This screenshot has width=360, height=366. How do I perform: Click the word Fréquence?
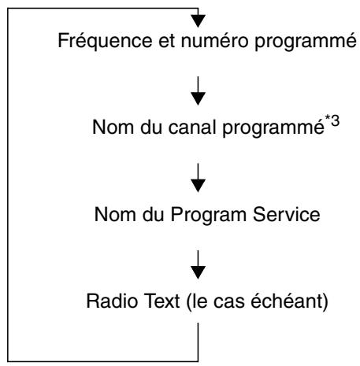[105, 41]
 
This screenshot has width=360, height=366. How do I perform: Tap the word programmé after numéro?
[306, 42]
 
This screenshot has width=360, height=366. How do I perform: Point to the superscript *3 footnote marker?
[332, 121]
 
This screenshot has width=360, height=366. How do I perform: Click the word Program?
[209, 216]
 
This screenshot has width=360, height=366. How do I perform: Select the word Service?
[287, 214]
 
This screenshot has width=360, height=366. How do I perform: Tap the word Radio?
[113, 301]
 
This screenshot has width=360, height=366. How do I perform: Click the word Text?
[162, 301]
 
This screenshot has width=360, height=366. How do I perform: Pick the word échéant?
[288, 301]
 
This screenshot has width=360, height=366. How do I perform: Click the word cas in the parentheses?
[229, 302]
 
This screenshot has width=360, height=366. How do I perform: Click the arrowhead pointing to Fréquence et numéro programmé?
[198, 21]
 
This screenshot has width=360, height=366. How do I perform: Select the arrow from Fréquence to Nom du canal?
[198, 91]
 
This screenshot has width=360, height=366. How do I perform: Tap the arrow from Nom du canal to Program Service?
[198, 178]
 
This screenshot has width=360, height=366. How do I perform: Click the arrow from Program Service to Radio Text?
[198, 264]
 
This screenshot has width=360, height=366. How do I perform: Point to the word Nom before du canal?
[113, 128]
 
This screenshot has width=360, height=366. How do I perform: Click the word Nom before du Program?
[115, 214]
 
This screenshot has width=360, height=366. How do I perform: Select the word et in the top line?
[167, 42]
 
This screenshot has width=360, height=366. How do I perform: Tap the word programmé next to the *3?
[273, 128]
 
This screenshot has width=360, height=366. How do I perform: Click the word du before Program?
[154, 214]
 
